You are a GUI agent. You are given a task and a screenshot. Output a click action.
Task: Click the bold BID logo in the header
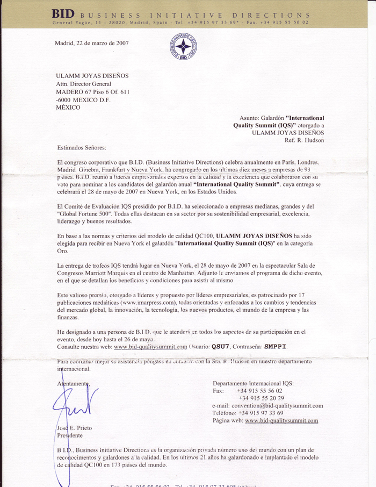click(63, 13)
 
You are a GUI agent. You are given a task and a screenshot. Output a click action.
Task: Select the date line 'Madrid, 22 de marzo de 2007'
click(92, 43)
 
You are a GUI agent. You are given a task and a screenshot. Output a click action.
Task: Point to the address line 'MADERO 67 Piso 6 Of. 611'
click(93, 92)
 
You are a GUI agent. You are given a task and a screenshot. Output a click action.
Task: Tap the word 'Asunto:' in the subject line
click(250, 117)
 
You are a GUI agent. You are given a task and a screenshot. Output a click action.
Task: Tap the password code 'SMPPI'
click(277, 347)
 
